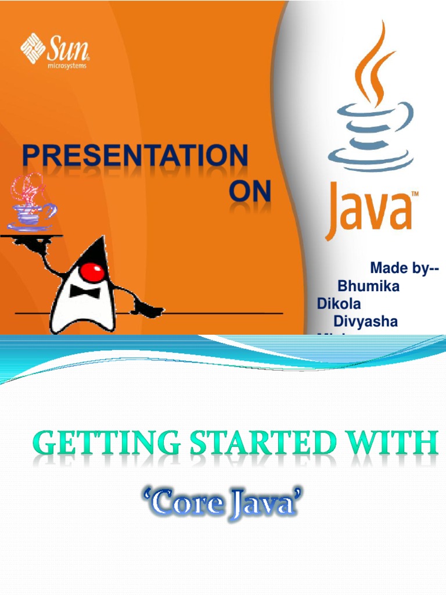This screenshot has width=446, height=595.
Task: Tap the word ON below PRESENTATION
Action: coord(250,191)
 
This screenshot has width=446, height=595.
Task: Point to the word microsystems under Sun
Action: coord(67,66)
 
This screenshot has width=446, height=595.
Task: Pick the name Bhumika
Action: coord(368,286)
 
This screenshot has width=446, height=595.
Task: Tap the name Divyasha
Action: coord(365,321)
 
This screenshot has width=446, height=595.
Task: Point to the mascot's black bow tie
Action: coord(85,290)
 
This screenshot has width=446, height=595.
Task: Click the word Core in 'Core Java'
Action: coord(174,503)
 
